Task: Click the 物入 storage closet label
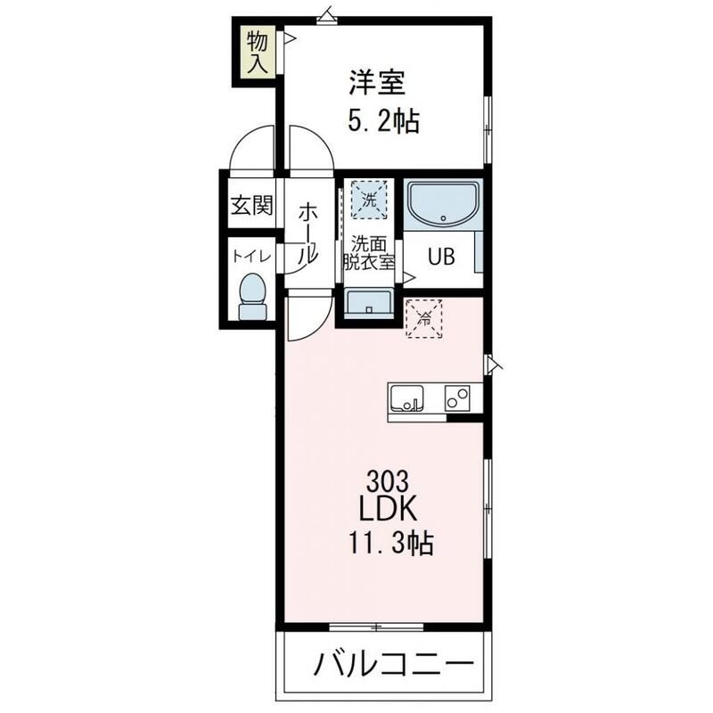pos(258,52)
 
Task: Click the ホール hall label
pos(307,233)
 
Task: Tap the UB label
pos(441,257)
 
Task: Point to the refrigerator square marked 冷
pos(423,318)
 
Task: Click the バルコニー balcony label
pos(391,664)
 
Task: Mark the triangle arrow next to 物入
pos(289,38)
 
